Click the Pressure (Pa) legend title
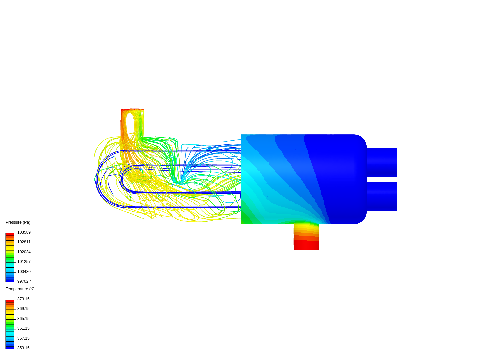(x=18, y=222)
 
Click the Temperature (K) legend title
(x=20, y=289)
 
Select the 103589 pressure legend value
(x=24, y=232)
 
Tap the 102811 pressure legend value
(x=24, y=242)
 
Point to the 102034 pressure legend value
(x=24, y=252)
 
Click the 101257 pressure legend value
(x=24, y=262)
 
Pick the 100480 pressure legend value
(x=24, y=272)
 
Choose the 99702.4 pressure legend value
(x=25, y=281)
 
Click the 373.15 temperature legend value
(x=23, y=299)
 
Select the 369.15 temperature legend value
(x=23, y=309)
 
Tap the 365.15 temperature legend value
(x=23, y=319)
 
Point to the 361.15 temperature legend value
(x=23, y=328)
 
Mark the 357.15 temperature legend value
(x=23, y=338)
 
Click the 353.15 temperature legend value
(x=23, y=348)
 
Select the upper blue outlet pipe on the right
(x=382, y=162)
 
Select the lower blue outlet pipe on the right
(x=382, y=196)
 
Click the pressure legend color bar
(x=10, y=258)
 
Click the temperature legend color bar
(x=10, y=324)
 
